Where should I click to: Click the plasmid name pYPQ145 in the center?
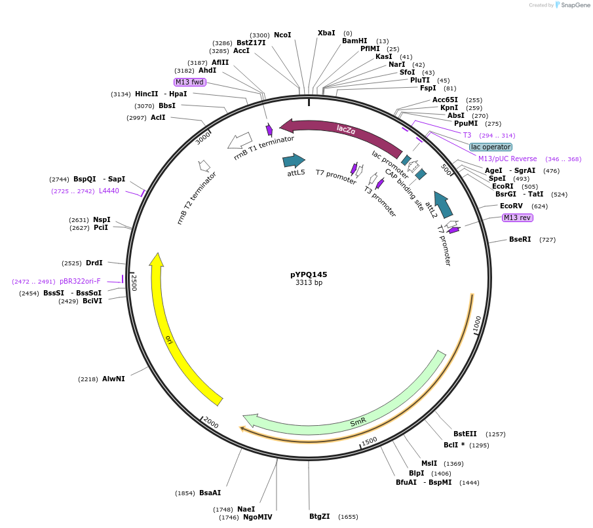pyautogui.click(x=309, y=274)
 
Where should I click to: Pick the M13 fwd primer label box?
pyautogui.click(x=190, y=82)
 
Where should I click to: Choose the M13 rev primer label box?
pyautogui.click(x=517, y=217)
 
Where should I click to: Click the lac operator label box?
pyautogui.click(x=491, y=147)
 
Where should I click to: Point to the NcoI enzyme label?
pyautogui.click(x=282, y=35)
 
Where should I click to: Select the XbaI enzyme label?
pyautogui.click(x=326, y=33)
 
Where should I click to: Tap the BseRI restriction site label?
pyautogui.click(x=520, y=239)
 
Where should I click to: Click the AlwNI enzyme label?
pyautogui.click(x=113, y=379)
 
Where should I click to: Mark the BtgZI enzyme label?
pyautogui.click(x=320, y=516)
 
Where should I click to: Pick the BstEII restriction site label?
pyautogui.click(x=465, y=434)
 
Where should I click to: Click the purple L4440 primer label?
pyautogui.click(x=109, y=191)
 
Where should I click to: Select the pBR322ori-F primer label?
pyautogui.click(x=80, y=281)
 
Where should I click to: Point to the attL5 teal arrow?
pyautogui.click(x=294, y=160)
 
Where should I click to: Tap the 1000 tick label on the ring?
pyautogui.click(x=478, y=323)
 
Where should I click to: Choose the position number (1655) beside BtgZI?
pyautogui.click(x=348, y=517)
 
